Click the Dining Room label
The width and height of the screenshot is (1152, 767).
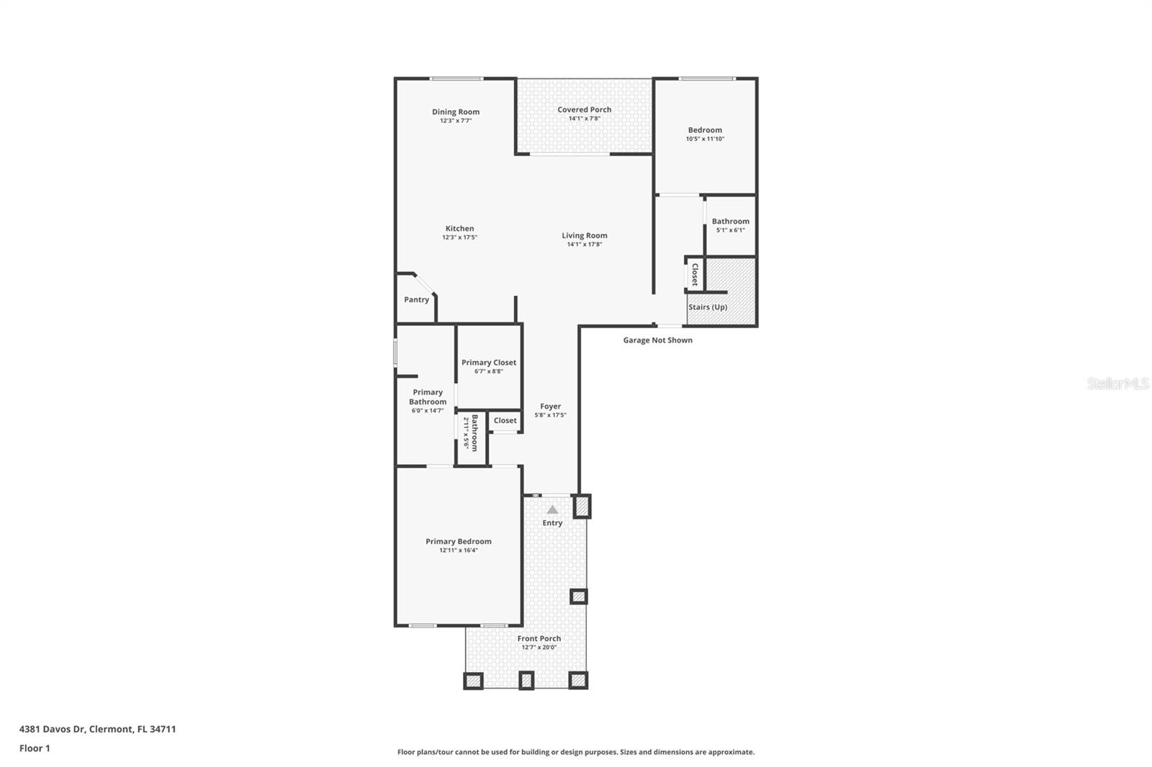(x=456, y=112)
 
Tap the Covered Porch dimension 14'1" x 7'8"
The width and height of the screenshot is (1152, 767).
(x=584, y=119)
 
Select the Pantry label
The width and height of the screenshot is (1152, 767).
(x=416, y=299)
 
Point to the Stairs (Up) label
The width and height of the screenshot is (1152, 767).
(x=708, y=307)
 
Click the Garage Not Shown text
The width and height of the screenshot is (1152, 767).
(x=657, y=340)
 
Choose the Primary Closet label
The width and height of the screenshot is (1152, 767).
(x=489, y=363)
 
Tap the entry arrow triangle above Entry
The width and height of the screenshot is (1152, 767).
(x=552, y=509)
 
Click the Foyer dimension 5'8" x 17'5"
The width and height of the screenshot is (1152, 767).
(x=550, y=415)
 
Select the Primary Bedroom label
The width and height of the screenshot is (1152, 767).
(x=459, y=541)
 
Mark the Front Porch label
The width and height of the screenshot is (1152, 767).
(x=539, y=638)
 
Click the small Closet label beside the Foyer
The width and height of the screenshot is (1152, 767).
(x=505, y=420)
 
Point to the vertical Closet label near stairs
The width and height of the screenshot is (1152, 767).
(x=695, y=274)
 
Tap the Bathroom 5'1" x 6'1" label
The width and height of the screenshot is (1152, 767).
(x=730, y=222)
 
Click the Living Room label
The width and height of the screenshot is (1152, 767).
(x=584, y=235)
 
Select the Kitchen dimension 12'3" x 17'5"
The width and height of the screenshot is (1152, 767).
(x=459, y=237)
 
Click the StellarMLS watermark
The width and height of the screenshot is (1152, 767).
(x=1117, y=384)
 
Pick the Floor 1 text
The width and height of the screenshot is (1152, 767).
(x=35, y=748)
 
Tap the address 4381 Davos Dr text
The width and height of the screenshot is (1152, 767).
(x=97, y=729)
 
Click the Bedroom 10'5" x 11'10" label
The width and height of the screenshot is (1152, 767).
(x=704, y=130)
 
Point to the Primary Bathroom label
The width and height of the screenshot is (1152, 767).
(x=428, y=397)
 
